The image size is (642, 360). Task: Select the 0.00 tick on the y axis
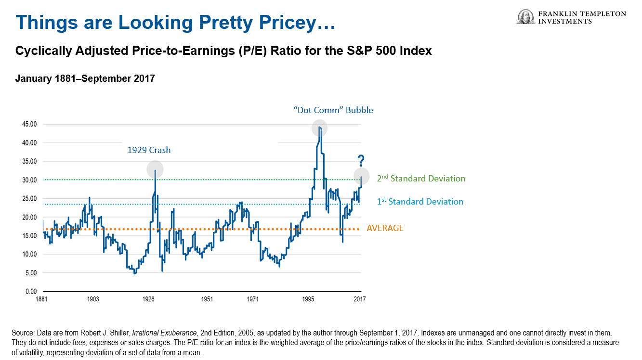[x=30, y=292]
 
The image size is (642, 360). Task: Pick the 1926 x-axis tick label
[x=148, y=299]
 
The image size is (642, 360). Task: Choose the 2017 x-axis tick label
[x=360, y=299]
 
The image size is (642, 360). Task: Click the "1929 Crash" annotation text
[x=149, y=150]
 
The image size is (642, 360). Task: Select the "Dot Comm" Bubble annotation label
[x=333, y=110]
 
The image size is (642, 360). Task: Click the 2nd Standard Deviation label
[x=421, y=179]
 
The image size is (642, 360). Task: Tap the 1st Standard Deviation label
[x=420, y=202]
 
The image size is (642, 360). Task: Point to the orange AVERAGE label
[x=385, y=228]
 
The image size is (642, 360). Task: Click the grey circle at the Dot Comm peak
[x=319, y=128]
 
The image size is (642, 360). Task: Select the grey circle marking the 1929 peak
[x=155, y=169]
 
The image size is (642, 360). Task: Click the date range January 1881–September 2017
[x=85, y=78]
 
